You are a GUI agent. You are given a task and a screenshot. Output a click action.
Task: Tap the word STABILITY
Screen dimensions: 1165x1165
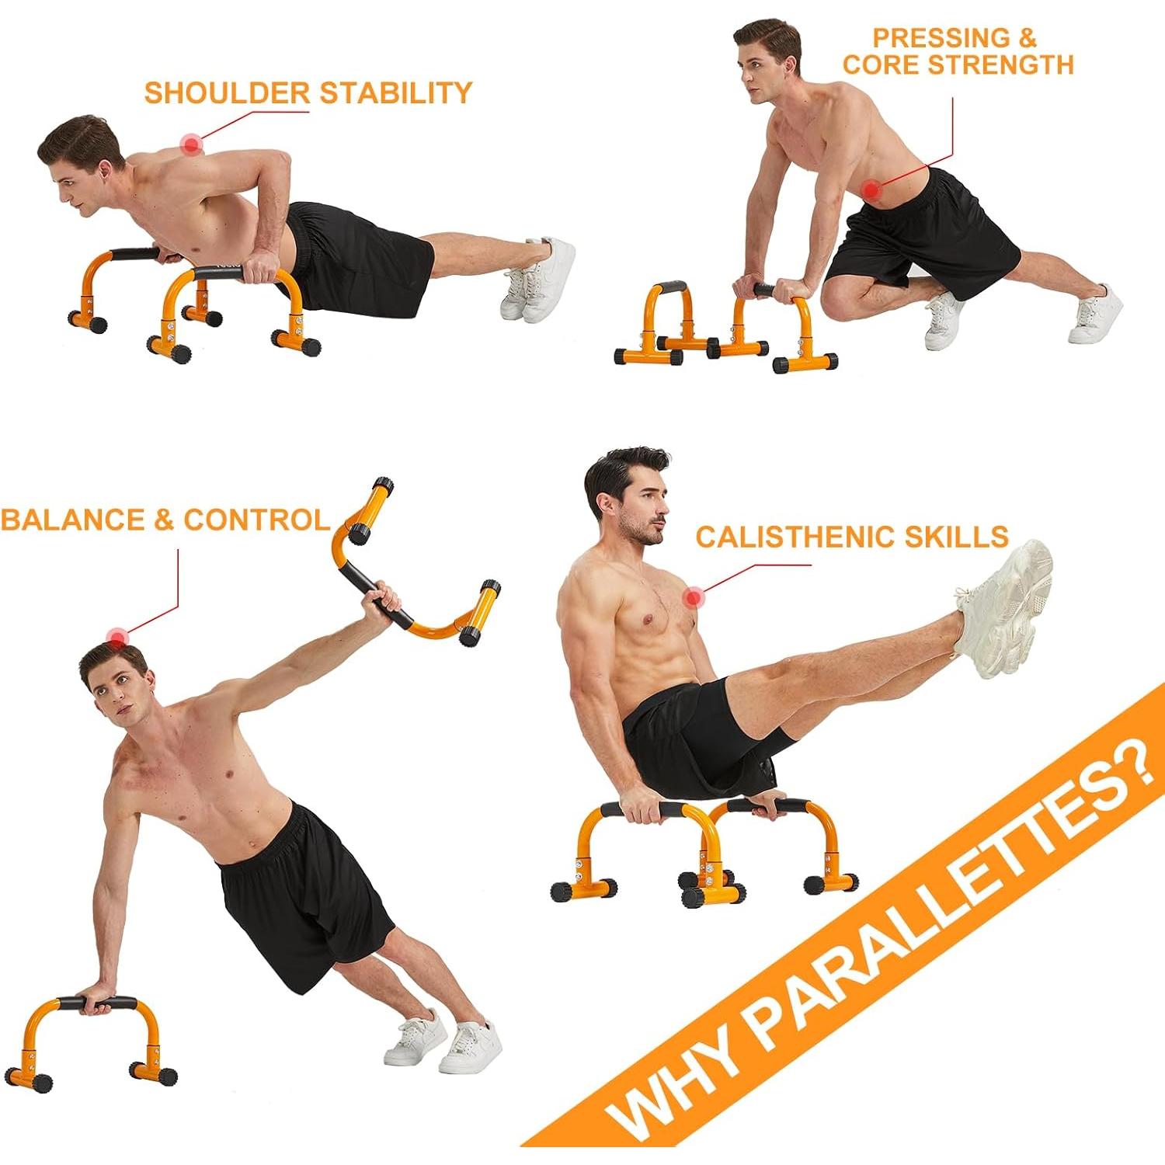[396, 93]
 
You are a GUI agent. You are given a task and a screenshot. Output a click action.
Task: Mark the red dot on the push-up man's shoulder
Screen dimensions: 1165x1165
[191, 144]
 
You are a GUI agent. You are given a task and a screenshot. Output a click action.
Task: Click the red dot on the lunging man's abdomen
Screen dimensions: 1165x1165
[872, 189]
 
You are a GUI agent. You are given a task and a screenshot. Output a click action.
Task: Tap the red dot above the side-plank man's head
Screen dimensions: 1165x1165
[116, 638]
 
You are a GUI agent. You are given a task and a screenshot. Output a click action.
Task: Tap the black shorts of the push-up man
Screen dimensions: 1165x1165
[361, 256]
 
